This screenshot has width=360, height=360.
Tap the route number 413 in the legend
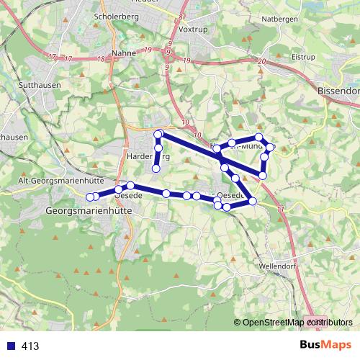click(30, 346)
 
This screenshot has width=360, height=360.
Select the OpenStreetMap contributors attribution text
click(294, 323)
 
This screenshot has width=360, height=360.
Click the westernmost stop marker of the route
click(90, 197)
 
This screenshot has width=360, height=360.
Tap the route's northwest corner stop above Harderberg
click(158, 133)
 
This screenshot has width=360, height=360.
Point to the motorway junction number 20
click(260, 63)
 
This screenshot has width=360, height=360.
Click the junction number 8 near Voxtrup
click(181, 16)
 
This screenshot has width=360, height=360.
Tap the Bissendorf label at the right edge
click(338, 92)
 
